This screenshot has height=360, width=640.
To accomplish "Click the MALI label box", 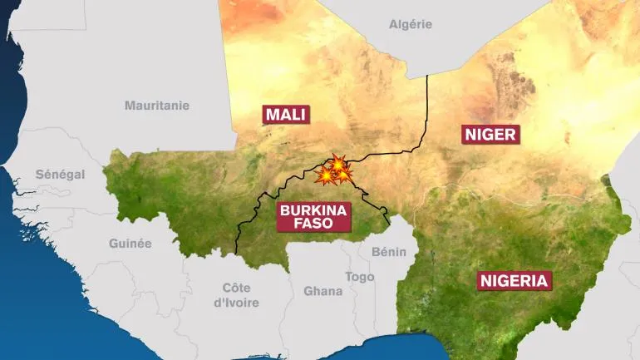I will pos(286,114).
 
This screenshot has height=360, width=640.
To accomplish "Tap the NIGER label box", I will pos(490,134).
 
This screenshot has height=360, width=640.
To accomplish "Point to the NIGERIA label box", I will pos(514,280).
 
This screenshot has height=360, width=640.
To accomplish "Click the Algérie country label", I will pos(411,24).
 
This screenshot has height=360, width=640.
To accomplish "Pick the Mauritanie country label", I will pos(157,106).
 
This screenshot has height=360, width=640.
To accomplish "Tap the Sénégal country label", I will pos(60,175).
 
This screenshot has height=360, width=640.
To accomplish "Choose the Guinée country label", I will pos(130,244).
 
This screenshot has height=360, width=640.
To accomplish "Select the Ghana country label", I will pos(322,291).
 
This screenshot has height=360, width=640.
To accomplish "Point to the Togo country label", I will pos(360,277).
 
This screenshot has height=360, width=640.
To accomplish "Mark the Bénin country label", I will pos(389,251).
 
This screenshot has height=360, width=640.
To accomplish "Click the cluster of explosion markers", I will pos(335,170).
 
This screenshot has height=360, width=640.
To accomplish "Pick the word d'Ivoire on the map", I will pos(237,303).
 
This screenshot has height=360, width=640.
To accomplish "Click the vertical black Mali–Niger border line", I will pos(427,108).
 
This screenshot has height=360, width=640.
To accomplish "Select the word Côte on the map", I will pos(237,287).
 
